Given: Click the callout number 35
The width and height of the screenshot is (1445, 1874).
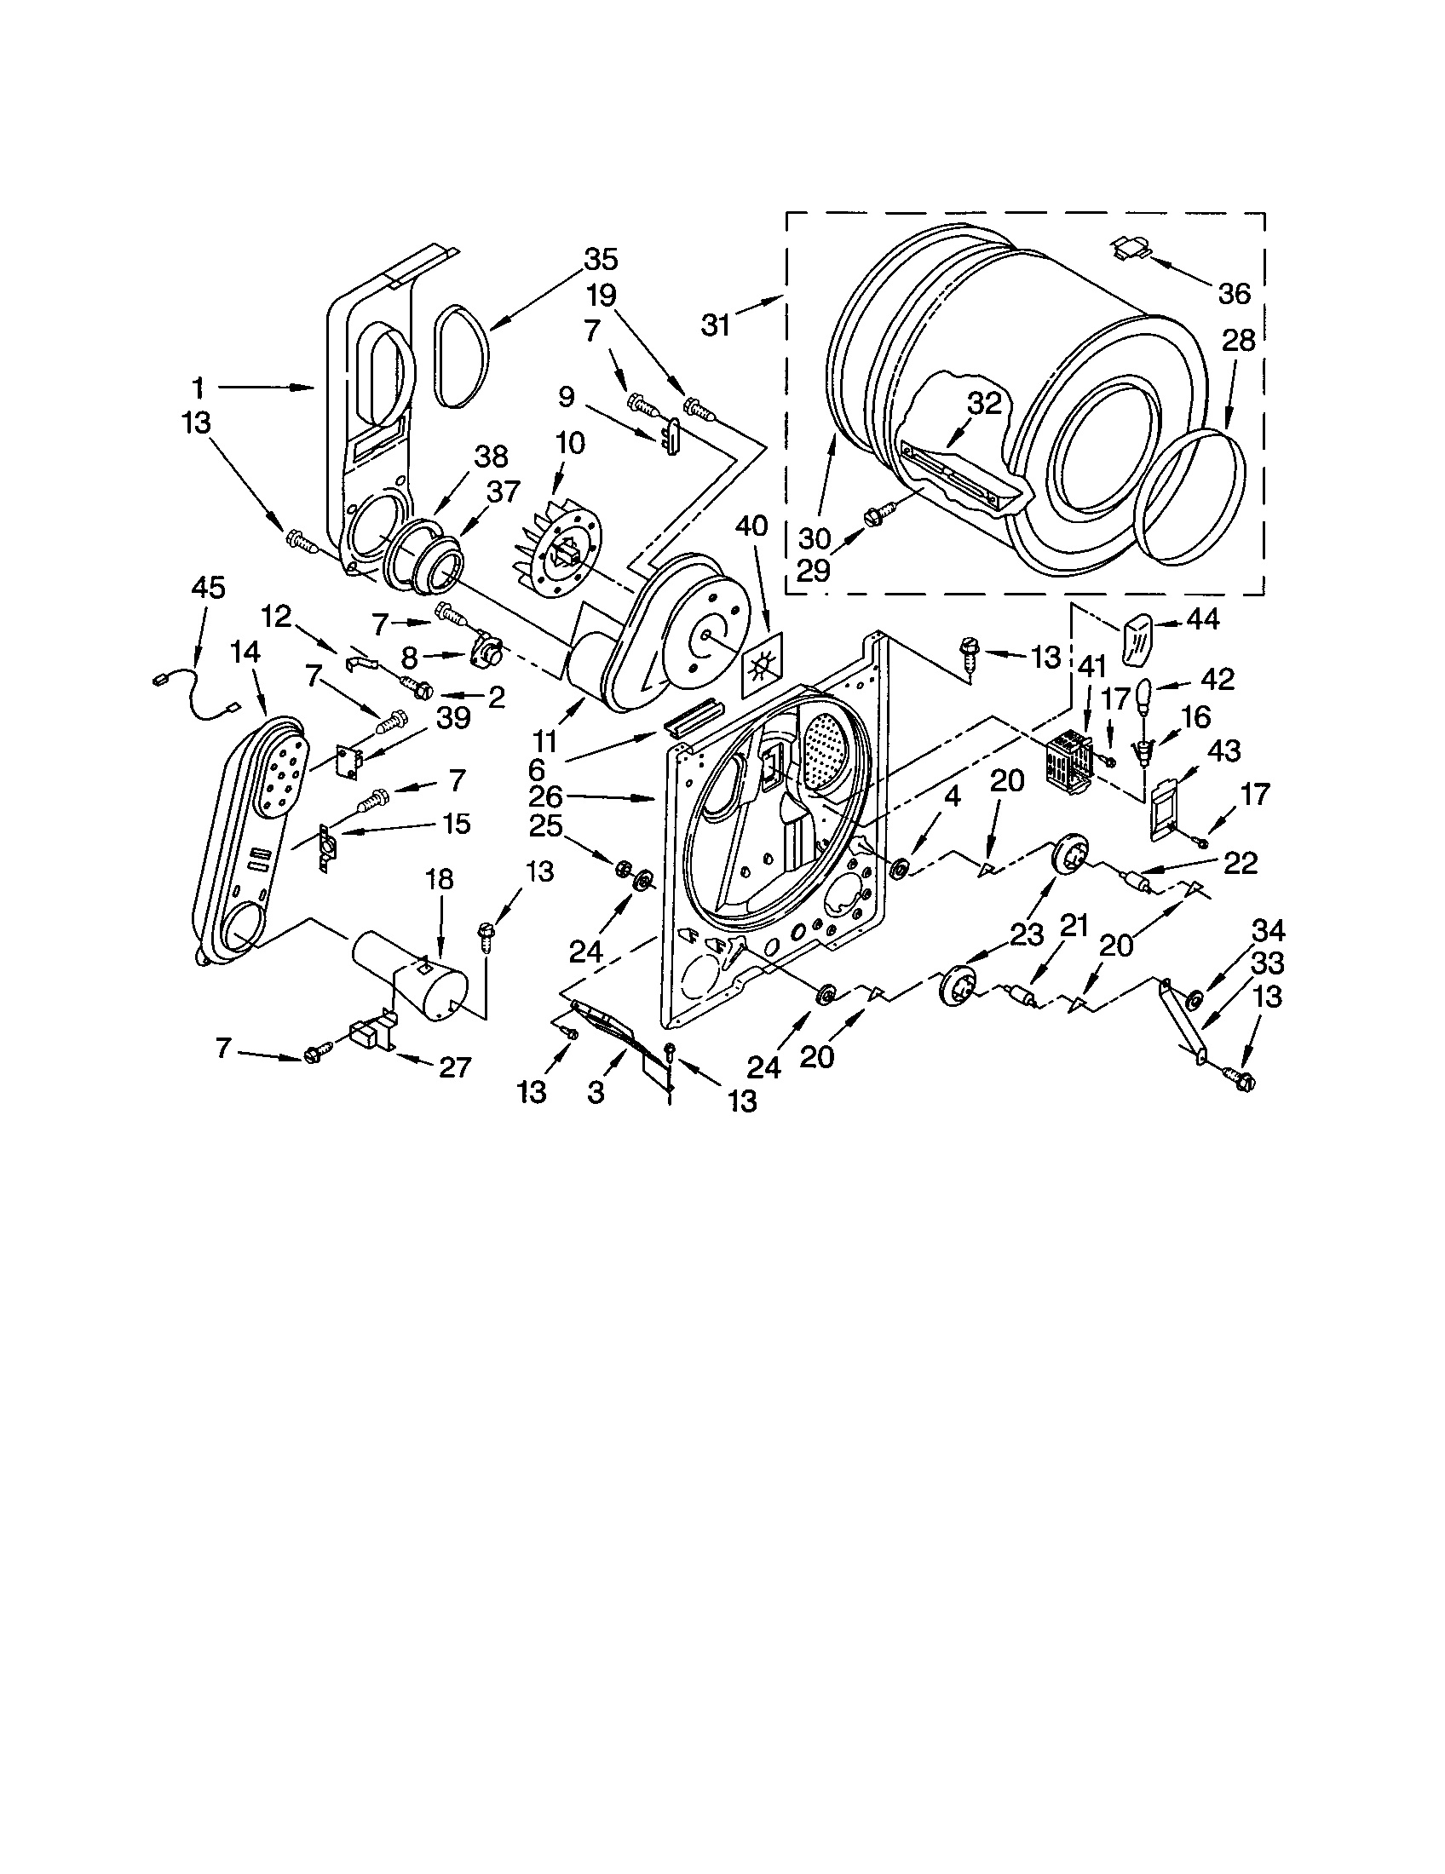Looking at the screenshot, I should coord(601,259).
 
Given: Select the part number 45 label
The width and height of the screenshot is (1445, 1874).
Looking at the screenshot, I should coord(208,588).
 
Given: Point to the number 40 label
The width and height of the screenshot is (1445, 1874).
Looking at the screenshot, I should coord(751,526).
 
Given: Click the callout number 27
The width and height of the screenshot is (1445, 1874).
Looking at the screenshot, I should coord(455,1066).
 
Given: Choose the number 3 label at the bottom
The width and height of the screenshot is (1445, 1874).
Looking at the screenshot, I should coord(596,1093).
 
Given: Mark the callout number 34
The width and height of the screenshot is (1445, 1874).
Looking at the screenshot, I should coord(1269,930).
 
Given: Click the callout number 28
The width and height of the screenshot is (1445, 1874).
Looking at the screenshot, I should coord(1238,341).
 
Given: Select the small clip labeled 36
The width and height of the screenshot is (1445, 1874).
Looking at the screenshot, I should coord(1132,249).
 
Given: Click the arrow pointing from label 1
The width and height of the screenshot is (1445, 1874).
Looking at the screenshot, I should coord(266,388).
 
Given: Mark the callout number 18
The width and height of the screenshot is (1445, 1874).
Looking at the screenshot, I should coord(439,881).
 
